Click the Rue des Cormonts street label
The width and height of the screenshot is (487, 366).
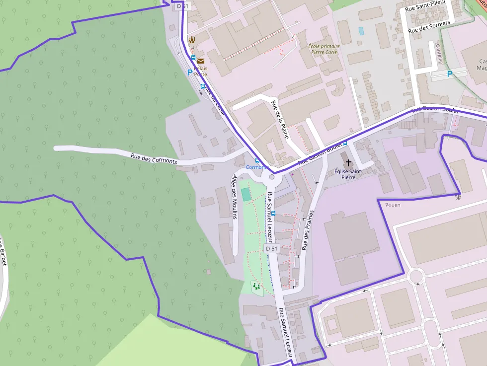pyautogui.click(x=154, y=158)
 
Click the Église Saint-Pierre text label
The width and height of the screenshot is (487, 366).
pyautogui.click(x=348, y=174)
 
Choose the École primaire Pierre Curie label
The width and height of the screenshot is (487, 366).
pyautogui.click(x=323, y=49)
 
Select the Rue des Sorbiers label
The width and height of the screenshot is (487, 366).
pyautogui.click(x=429, y=27)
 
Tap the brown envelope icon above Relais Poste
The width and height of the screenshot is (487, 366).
pyautogui.click(x=200, y=61)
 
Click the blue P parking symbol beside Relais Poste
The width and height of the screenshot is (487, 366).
pyautogui.click(x=189, y=72)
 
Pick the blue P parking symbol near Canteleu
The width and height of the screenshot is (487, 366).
pyautogui.click(x=450, y=74)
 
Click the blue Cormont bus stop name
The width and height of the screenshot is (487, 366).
pyautogui.click(x=256, y=167)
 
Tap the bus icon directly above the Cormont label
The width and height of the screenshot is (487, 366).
pyautogui.click(x=257, y=160)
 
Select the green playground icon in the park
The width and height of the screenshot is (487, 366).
pyautogui.click(x=256, y=286)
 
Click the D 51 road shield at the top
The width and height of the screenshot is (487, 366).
pyautogui.click(x=182, y=6)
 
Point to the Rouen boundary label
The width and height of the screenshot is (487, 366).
pyautogui.click(x=393, y=205)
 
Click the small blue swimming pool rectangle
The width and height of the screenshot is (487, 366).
pyautogui.click(x=361, y=31)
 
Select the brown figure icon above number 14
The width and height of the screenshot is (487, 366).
pyautogui.click(x=191, y=40)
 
